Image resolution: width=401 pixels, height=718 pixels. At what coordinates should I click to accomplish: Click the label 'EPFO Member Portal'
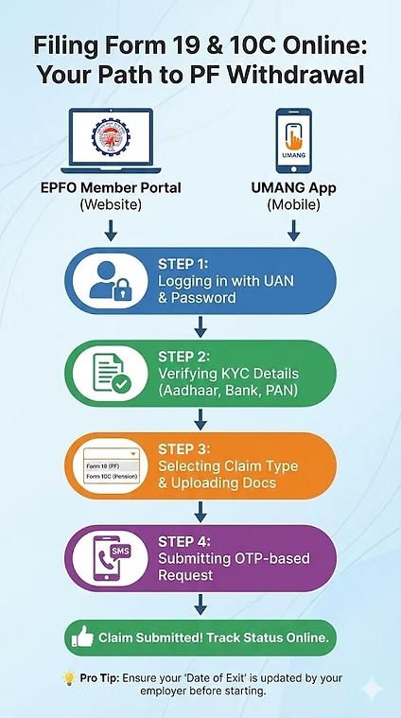pyautogui.click(x=110, y=188)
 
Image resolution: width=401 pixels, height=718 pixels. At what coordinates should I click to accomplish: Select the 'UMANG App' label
pyautogui.click(x=292, y=188)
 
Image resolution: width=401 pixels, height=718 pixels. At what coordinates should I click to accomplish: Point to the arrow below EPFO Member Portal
pyautogui.click(x=110, y=230)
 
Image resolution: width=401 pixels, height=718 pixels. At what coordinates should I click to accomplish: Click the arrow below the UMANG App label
pyautogui.click(x=292, y=230)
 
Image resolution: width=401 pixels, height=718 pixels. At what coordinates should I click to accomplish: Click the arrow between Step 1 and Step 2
pyautogui.click(x=200, y=326)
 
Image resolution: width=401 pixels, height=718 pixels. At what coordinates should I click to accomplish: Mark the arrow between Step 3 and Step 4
pyautogui.click(x=200, y=512)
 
